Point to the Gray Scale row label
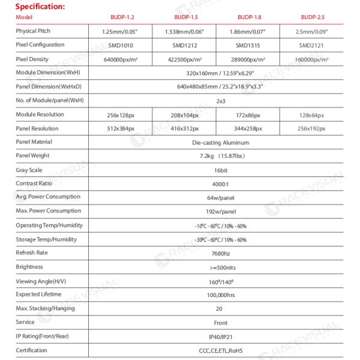coord(29,170)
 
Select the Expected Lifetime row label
coord(39,294)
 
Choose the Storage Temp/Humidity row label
coord(46,239)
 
